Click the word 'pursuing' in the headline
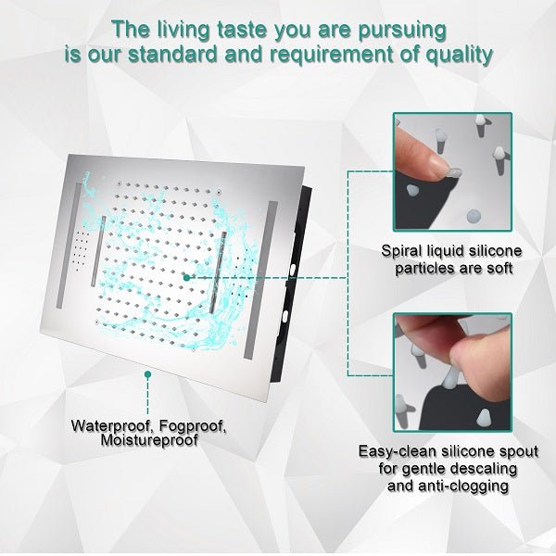pos(402,31)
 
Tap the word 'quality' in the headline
pos(460,56)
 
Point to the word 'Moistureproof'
pos(149,441)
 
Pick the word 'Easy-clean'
pos(398,451)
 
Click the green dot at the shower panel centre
pos(186,278)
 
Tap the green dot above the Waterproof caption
pos(148,374)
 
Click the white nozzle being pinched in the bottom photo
pos(449,378)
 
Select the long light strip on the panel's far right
pos(260,280)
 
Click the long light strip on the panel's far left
pos(69,246)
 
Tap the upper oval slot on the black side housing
pos(293,270)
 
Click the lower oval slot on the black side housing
pos(284,316)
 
